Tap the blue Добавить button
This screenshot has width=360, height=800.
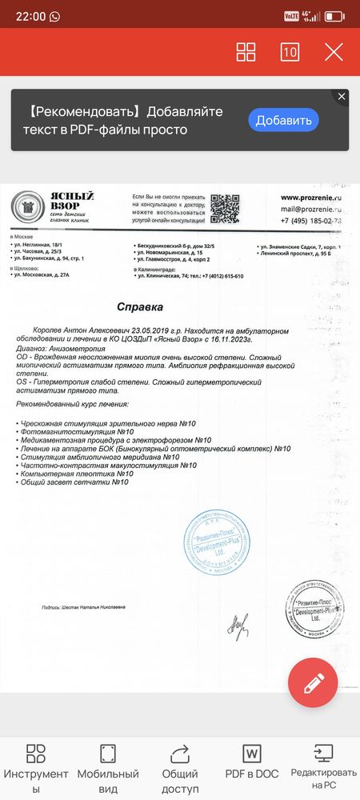pyautogui.click(x=283, y=120)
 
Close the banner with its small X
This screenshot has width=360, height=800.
pyautogui.click(x=342, y=97)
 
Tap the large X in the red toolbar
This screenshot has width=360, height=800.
pyautogui.click(x=333, y=52)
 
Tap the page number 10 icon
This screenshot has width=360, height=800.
pyautogui.click(x=290, y=52)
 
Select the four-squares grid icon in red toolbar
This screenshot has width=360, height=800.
pyautogui.click(x=246, y=52)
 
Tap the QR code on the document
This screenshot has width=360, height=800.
pyautogui.click(x=225, y=209)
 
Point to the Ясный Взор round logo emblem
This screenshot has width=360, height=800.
pyautogui.click(x=26, y=208)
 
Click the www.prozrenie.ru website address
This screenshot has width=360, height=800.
pyautogui.click(x=311, y=196)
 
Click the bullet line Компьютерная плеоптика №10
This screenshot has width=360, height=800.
pyautogui.click(x=77, y=474)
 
